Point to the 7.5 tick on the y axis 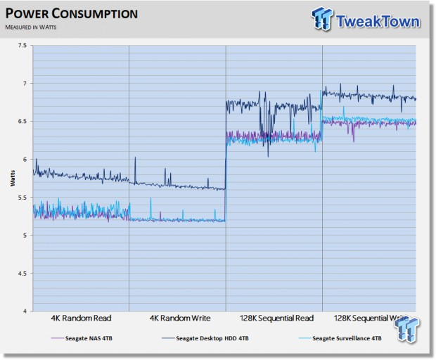point(21,46)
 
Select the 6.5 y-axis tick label point(21,122)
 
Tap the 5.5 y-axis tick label point(21,198)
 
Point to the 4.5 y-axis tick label point(21,274)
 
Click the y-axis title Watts point(13,179)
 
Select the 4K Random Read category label point(81,319)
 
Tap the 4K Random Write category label point(177,319)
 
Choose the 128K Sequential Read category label point(273,319)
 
